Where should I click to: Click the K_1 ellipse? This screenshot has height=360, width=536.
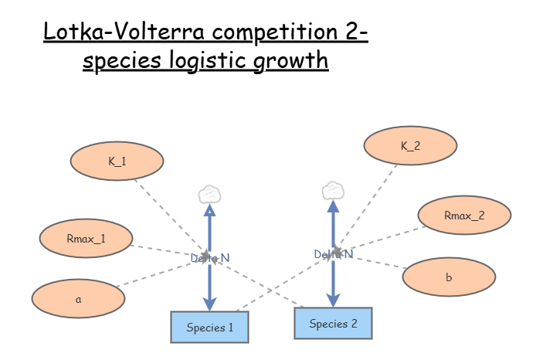tap(117, 161)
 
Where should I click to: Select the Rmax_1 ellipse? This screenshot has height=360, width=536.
tap(86, 239)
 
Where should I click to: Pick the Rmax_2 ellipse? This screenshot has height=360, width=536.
tap(464, 216)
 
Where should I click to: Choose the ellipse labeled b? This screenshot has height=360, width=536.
tap(449, 277)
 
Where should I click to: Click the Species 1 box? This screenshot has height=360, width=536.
tap(210, 327)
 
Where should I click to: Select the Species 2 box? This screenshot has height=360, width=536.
tap(333, 323)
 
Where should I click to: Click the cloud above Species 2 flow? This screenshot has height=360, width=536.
tap(333, 190)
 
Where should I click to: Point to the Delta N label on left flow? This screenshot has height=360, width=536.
tap(209, 258)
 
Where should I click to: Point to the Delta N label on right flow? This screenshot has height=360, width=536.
tap(333, 253)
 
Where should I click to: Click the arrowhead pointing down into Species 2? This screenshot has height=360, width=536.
tap(333, 300)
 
